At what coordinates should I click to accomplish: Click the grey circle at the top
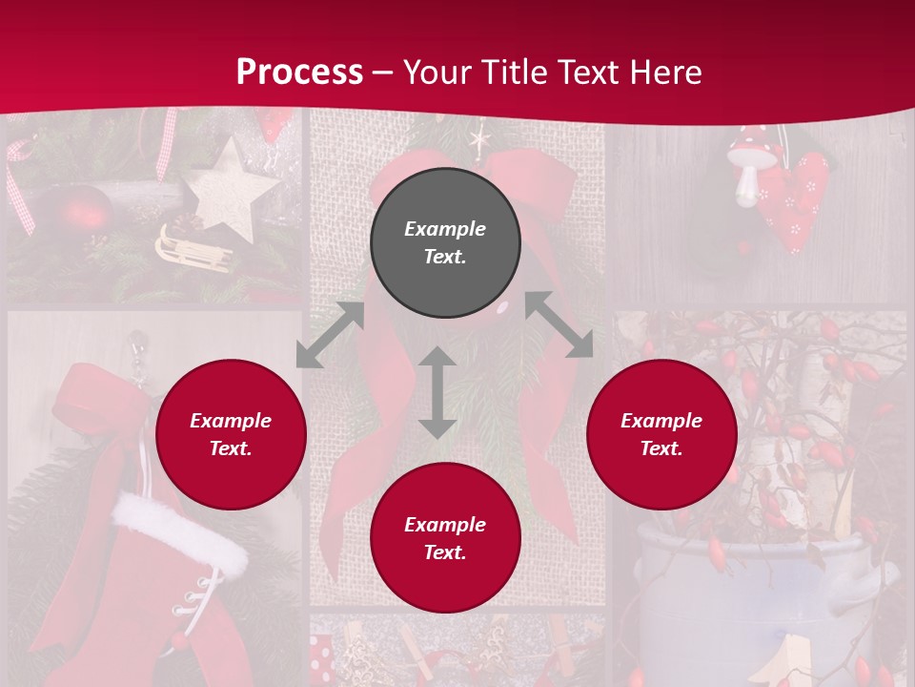pyautogui.click(x=445, y=242)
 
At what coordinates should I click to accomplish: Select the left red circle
pyautogui.click(x=231, y=434)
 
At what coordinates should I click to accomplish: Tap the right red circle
pyautogui.click(x=661, y=434)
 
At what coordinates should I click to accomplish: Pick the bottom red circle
pyautogui.click(x=445, y=538)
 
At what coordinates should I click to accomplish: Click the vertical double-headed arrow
pyautogui.click(x=437, y=392)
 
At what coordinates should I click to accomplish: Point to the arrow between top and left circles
pyautogui.click(x=330, y=335)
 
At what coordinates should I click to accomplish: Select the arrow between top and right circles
pyautogui.click(x=559, y=325)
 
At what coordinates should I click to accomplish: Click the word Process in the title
pyautogui.click(x=299, y=72)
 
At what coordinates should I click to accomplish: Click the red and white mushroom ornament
pyautogui.click(x=746, y=168)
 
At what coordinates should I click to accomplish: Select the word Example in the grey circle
pyautogui.click(x=445, y=229)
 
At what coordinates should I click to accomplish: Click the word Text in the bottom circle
pyautogui.click(x=445, y=552)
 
